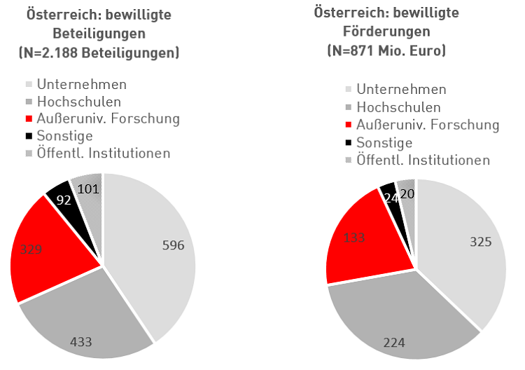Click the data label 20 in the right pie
pos(406,193)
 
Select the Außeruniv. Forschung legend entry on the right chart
pos(427,125)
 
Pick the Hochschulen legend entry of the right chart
pos(398,107)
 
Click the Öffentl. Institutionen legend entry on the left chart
pos(102,153)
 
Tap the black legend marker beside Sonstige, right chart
pos(349,143)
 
